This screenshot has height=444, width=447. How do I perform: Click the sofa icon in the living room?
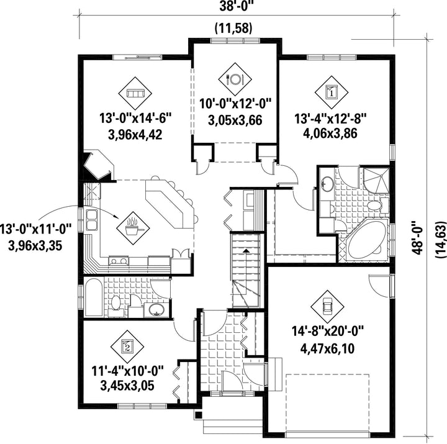[x=135, y=93]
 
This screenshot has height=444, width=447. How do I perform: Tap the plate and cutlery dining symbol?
[x=235, y=79]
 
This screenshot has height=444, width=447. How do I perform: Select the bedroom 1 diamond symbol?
[x=332, y=93]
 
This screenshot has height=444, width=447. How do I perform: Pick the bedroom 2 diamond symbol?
[x=127, y=347]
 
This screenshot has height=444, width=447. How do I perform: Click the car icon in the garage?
[x=327, y=307]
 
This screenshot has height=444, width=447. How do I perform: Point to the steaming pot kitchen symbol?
[x=133, y=228]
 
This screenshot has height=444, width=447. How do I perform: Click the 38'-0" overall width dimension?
[x=237, y=6]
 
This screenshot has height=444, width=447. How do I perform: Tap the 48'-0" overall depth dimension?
[x=417, y=238]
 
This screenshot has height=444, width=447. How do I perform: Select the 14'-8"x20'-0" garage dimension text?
[x=328, y=332]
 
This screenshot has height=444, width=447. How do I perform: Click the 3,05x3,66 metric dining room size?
[x=235, y=120]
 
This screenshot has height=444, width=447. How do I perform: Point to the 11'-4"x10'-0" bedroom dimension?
[x=127, y=371]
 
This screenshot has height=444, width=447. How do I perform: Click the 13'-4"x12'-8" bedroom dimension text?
[x=330, y=119]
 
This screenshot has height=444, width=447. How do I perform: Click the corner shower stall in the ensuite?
[x=376, y=180]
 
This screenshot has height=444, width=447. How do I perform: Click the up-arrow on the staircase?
[x=246, y=251]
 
